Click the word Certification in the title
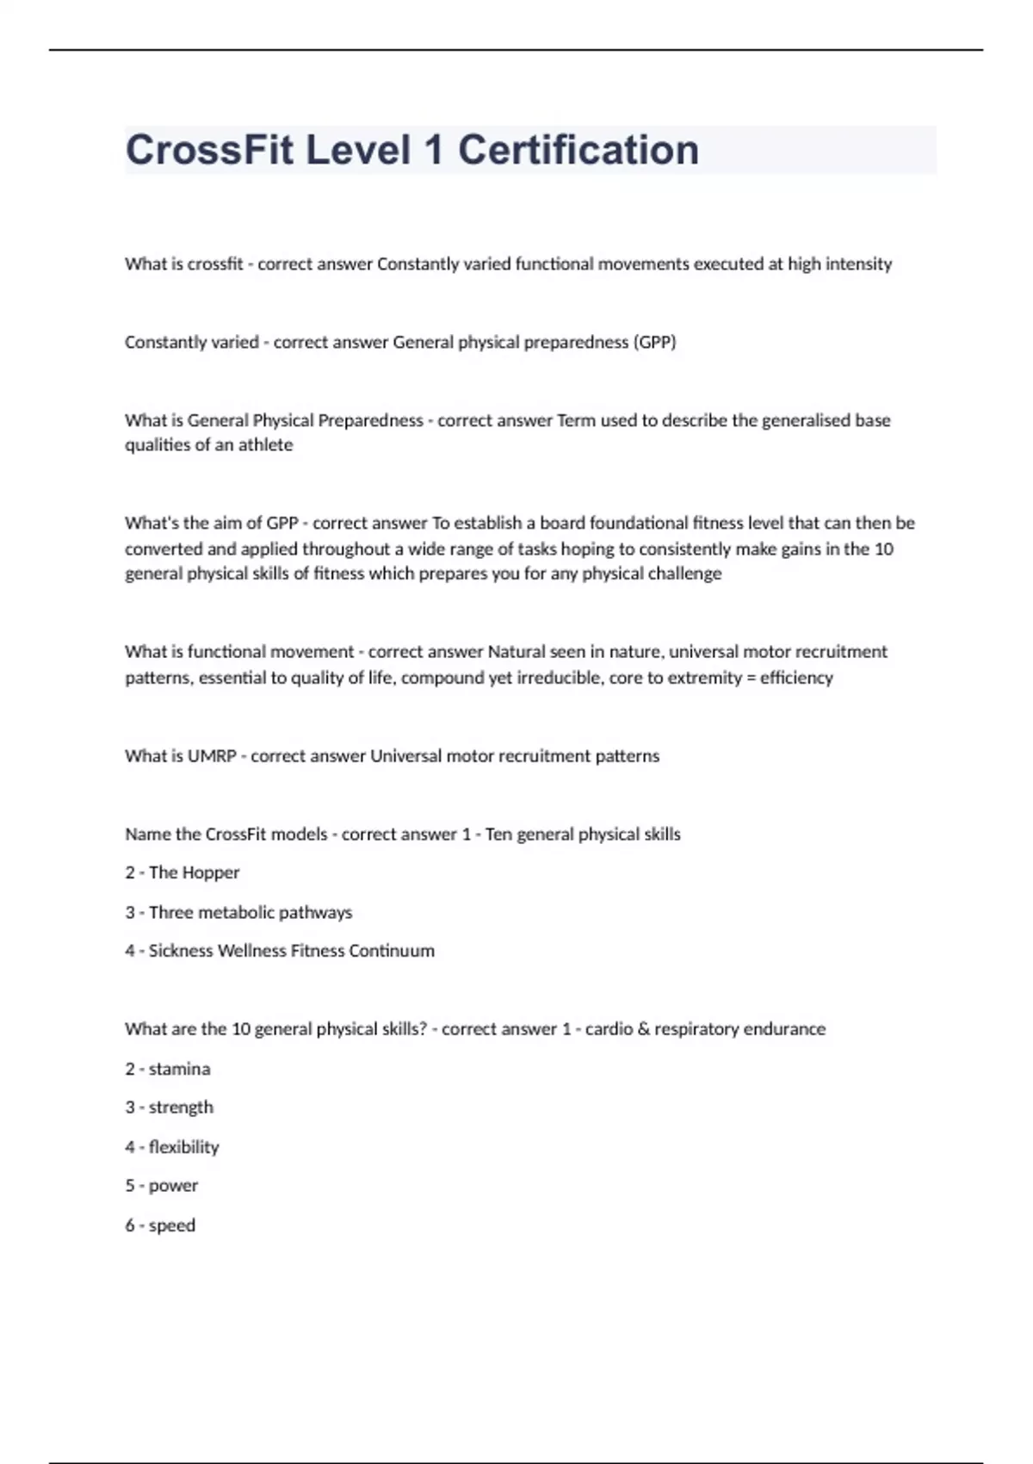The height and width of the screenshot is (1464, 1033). pos(578,150)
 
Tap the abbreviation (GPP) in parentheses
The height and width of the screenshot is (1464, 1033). pos(655,342)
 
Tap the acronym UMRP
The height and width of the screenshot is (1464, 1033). pos(212,756)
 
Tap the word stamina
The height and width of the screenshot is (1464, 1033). pos(179,1069)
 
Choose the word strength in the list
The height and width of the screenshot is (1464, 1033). pos(181,1107)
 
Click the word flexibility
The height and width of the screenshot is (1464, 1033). pos(183,1147)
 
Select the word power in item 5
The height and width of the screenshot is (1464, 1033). pos(173,1186)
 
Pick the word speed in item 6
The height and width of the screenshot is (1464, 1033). pos(172,1225)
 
